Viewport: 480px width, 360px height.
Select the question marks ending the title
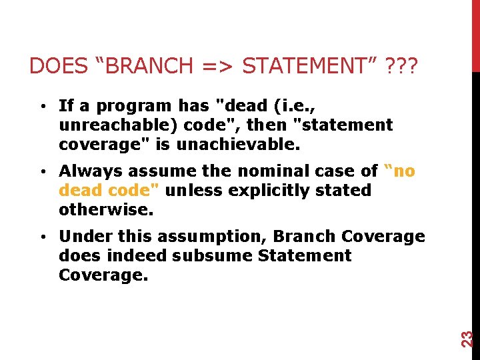click(402, 66)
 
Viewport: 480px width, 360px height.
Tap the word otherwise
click(106, 209)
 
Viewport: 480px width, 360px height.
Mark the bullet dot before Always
click(42, 172)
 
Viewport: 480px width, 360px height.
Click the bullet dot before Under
click(42, 237)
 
